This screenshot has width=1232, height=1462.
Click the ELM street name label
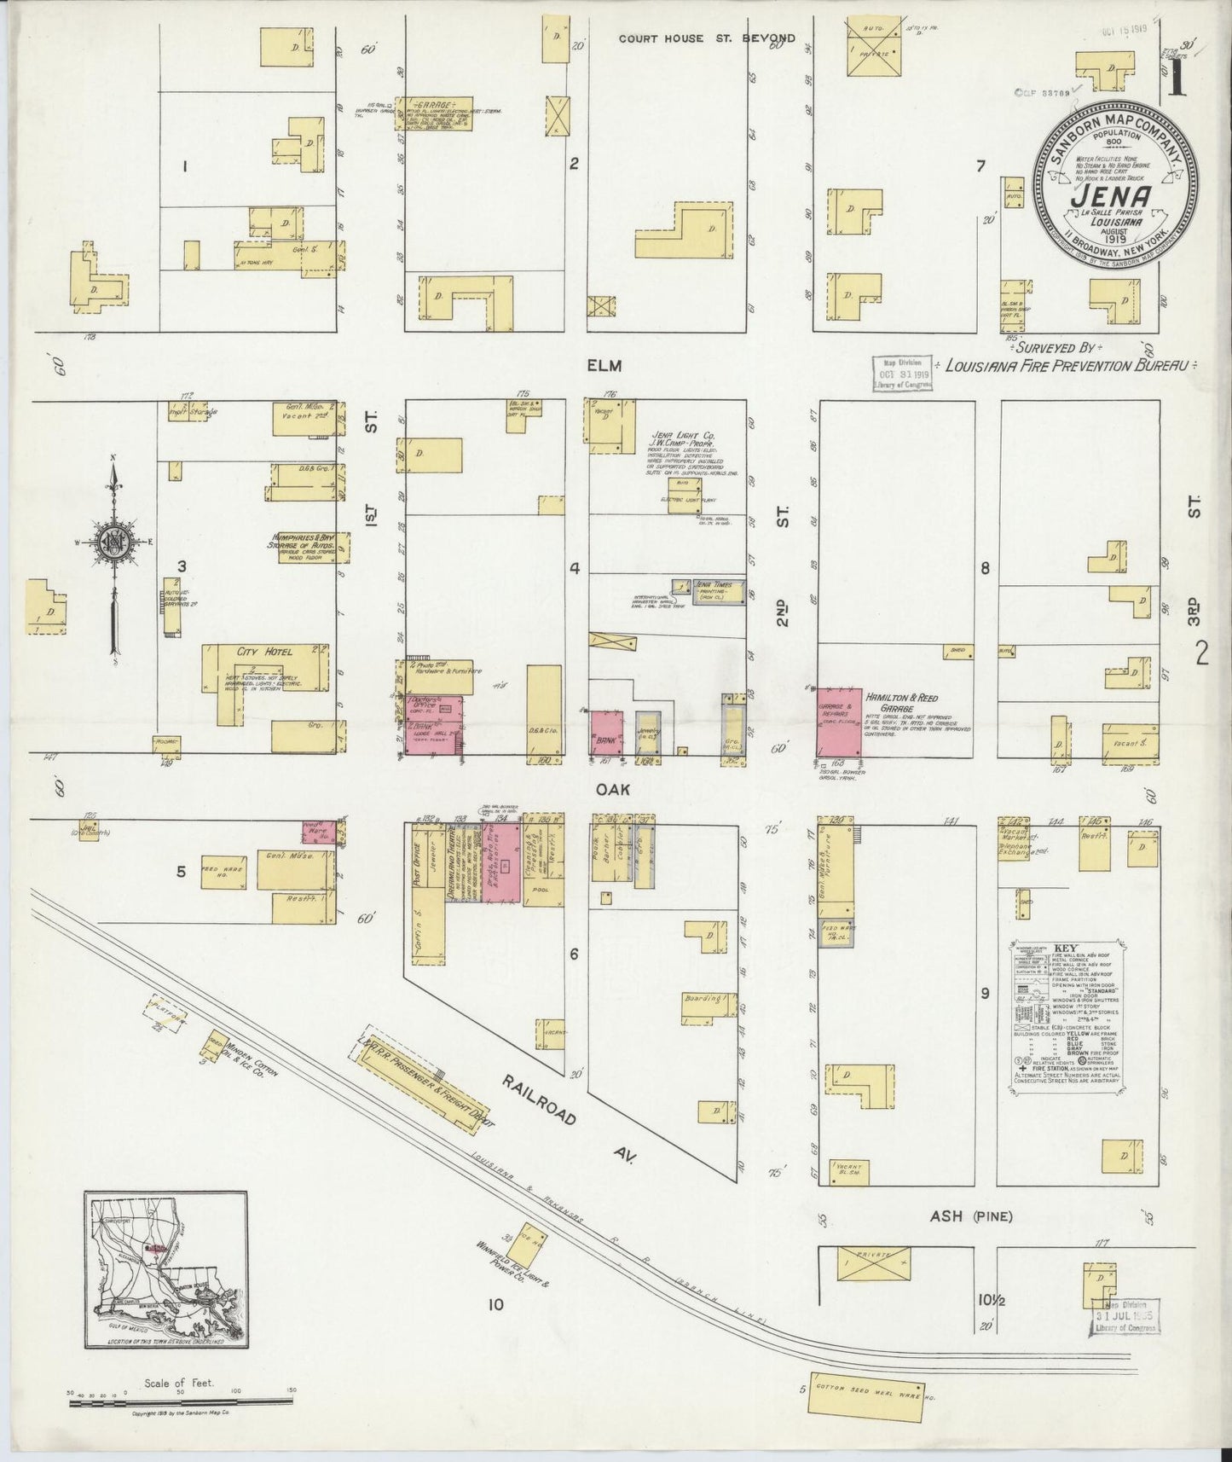(x=604, y=365)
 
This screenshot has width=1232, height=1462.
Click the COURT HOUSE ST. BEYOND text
(x=707, y=38)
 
